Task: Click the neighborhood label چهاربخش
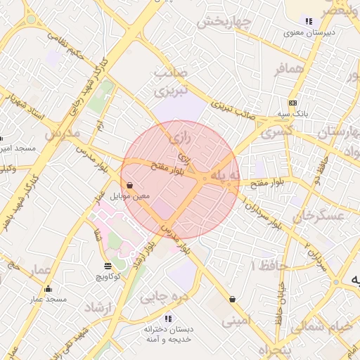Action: click(x=224, y=22)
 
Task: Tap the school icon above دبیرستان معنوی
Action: click(x=308, y=21)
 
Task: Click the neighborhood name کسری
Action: click(x=276, y=131)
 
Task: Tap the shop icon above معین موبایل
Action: click(x=131, y=186)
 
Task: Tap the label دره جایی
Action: click(x=165, y=296)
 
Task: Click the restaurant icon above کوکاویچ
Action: click(x=108, y=266)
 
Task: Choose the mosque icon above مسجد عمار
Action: click(x=48, y=288)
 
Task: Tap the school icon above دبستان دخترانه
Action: click(x=167, y=319)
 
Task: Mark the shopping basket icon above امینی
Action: click(x=232, y=300)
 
